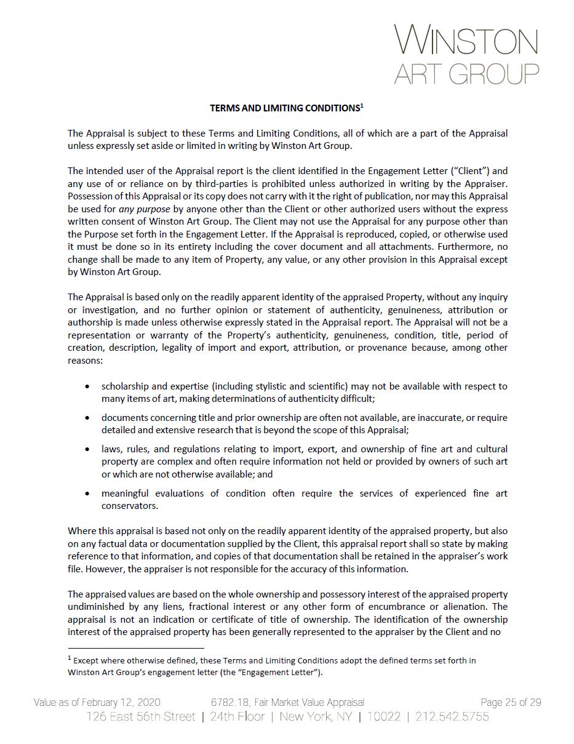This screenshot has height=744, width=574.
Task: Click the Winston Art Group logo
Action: (466, 54)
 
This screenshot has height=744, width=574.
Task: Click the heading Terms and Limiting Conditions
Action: (284, 108)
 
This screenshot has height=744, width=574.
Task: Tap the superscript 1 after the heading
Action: (362, 106)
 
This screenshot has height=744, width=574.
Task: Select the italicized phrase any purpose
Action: (145, 209)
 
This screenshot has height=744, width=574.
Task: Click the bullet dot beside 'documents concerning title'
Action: (87, 418)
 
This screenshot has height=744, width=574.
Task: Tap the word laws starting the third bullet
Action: (111, 449)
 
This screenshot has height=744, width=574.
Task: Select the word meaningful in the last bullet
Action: (125, 494)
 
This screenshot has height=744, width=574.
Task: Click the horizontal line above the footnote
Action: (135, 648)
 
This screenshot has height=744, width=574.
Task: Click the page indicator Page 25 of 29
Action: (511, 702)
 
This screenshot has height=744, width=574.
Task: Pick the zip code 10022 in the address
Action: (384, 716)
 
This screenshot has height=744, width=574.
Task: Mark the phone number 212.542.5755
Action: (452, 716)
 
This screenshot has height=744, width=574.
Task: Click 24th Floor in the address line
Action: (237, 716)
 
